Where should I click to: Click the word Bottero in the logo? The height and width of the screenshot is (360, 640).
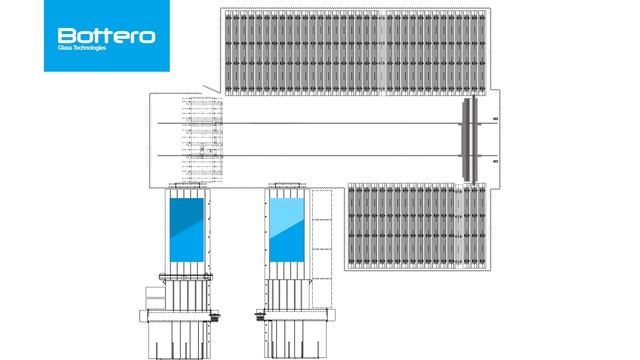[106, 35]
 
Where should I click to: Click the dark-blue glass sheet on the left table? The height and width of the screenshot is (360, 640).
[187, 231]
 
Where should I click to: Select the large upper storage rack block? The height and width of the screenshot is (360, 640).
[355, 51]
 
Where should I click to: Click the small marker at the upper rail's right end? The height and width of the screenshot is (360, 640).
[496, 121]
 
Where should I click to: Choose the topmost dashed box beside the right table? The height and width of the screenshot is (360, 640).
[322, 205]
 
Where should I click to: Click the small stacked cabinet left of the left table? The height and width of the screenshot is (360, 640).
[152, 298]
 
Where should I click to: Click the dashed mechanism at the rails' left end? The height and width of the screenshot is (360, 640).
[201, 139]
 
